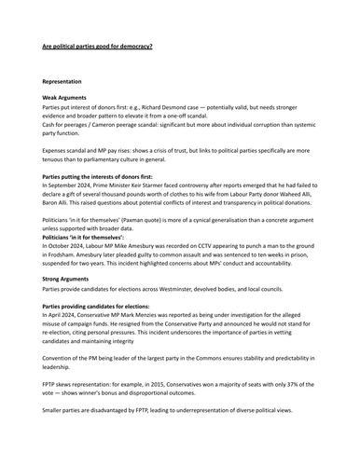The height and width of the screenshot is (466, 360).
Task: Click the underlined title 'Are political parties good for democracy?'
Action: (98, 45)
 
